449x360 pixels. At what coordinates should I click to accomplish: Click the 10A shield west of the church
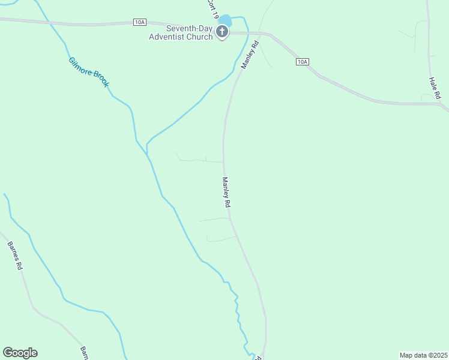coord(139,22)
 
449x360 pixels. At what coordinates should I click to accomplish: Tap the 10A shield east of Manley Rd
coord(302,62)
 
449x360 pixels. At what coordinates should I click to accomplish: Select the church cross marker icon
coord(222,31)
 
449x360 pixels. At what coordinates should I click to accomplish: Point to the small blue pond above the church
coord(226,21)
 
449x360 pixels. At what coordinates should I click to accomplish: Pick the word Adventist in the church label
coord(168,37)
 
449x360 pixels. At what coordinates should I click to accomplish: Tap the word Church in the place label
coord(200,37)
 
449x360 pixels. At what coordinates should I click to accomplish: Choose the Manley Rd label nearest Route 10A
coord(250,55)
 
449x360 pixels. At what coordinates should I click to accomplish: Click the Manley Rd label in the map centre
coord(226,192)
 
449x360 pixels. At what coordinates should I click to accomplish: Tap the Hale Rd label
coord(435,88)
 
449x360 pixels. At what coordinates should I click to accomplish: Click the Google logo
coord(20,353)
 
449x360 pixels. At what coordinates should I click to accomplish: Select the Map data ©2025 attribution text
coord(423,355)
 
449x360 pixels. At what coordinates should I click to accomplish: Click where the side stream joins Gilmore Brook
coord(147,146)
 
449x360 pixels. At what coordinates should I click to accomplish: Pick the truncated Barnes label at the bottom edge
coord(84,353)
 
